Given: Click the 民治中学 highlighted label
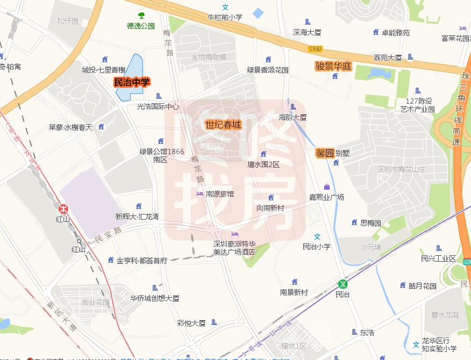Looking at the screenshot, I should pos(131,82).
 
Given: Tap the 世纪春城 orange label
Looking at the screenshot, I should pos(223,125).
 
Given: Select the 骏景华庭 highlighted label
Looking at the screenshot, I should pos(333,66).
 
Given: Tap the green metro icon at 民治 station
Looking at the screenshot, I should pos(342,284).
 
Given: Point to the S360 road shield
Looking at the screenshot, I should pos(315,49).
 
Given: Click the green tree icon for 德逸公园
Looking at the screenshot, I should pos(141,16).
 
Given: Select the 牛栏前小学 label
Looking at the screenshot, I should pos(225,17).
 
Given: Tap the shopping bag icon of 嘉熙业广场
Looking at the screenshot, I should pos(326,187).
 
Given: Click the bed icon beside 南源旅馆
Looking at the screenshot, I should pos(199,193).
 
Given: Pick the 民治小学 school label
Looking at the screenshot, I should pos(317,247).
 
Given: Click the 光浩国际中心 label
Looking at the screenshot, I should pos(158,106).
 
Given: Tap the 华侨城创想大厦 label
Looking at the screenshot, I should pos(155,298).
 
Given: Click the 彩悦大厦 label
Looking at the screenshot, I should pos(191,323).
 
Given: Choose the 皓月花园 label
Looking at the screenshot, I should pos(422,285).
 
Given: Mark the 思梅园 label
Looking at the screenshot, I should pos(370,222).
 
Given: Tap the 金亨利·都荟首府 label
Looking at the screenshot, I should pos(142,261).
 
